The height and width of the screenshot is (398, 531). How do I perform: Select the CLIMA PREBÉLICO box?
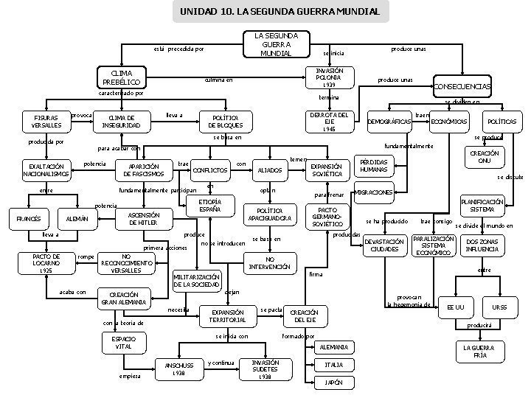(124, 78)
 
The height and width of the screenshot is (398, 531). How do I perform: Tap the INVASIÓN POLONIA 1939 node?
(324, 78)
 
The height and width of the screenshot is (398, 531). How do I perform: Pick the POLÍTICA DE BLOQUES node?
(226, 122)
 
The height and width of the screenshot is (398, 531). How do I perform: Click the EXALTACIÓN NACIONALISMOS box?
(46, 170)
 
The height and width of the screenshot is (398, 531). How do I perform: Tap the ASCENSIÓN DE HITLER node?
(142, 218)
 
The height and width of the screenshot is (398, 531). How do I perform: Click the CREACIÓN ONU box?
(485, 156)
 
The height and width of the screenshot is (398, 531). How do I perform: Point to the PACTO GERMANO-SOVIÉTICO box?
(327, 217)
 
